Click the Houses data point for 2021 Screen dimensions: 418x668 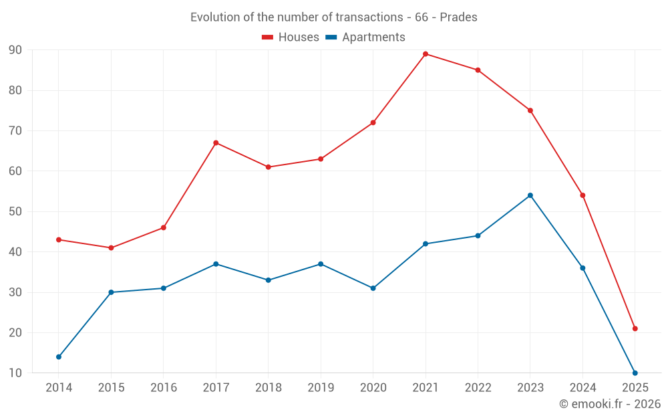[x=426, y=54]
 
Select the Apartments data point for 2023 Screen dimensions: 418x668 [x=530, y=195]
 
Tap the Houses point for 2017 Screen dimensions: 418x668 [x=216, y=143]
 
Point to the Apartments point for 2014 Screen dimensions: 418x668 [x=59, y=357]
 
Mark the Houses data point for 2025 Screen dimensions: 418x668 [x=635, y=328]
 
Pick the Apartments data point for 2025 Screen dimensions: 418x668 [x=635, y=373]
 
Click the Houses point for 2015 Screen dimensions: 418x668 [x=111, y=248]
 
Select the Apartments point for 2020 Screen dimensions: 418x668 [x=373, y=288]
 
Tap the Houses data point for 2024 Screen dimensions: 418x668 [x=582, y=195]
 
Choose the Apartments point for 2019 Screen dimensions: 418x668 [x=321, y=264]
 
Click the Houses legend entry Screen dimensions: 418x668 [x=291, y=37]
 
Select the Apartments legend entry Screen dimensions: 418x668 [x=365, y=37]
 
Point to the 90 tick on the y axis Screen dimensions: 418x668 [x=15, y=50]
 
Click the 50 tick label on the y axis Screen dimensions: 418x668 [x=15, y=212]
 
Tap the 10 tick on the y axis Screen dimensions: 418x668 [x=15, y=373]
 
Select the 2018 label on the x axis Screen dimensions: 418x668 [x=268, y=388]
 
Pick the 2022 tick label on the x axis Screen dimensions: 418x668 [x=478, y=388]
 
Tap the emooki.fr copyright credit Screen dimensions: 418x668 [x=610, y=404]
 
